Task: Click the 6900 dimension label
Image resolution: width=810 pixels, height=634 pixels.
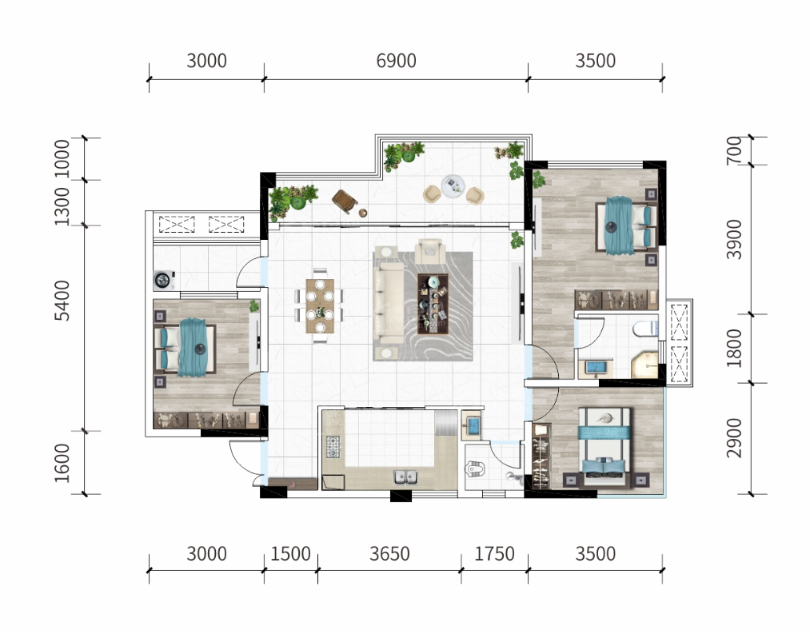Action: click(x=397, y=61)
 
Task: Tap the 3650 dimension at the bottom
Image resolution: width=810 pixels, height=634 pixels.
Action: click(x=389, y=554)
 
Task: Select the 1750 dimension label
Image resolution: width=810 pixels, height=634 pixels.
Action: click(x=494, y=554)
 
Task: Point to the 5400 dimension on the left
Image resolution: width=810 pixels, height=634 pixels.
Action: click(x=62, y=301)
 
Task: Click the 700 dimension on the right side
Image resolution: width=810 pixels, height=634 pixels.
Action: click(x=734, y=151)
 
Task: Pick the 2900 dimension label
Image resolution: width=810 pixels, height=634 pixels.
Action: click(x=734, y=439)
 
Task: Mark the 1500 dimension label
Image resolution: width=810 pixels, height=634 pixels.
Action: click(x=290, y=554)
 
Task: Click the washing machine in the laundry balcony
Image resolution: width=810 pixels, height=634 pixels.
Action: click(x=164, y=280)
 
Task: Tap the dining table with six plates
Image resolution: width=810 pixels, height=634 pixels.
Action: click(x=320, y=305)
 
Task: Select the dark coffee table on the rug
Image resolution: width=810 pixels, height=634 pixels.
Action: click(x=433, y=304)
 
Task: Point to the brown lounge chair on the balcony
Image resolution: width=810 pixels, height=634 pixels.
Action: click(x=345, y=201)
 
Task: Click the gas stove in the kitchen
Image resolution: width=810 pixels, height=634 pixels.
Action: click(x=333, y=447)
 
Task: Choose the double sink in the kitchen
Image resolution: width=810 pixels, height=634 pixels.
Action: click(x=405, y=477)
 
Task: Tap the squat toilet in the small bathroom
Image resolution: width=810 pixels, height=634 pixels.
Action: click(x=476, y=469)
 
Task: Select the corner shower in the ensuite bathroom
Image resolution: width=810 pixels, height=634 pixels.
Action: click(x=644, y=365)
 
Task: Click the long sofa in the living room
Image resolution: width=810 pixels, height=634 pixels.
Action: click(x=389, y=303)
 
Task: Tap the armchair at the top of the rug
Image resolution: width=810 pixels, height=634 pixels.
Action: click(x=430, y=251)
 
